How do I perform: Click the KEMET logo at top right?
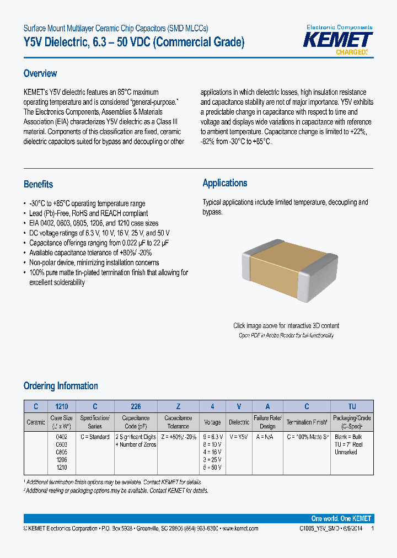click(339, 40)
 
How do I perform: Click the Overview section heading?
click(40, 73)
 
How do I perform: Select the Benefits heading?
click(39, 184)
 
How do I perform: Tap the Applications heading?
click(225, 183)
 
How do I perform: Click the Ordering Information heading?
click(61, 386)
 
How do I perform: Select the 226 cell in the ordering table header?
click(136, 406)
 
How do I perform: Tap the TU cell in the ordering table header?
click(352, 406)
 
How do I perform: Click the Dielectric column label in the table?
click(239, 422)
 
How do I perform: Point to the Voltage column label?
click(212, 422)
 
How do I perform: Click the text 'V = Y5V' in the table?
click(239, 437)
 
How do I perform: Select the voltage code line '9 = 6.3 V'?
click(212, 437)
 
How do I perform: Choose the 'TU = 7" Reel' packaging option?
click(349, 444)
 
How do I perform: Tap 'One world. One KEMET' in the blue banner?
click(341, 519)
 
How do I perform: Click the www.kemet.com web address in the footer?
click(239, 529)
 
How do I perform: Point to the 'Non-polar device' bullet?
click(94, 263)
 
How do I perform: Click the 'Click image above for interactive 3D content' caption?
click(286, 326)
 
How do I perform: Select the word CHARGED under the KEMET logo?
click(351, 52)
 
